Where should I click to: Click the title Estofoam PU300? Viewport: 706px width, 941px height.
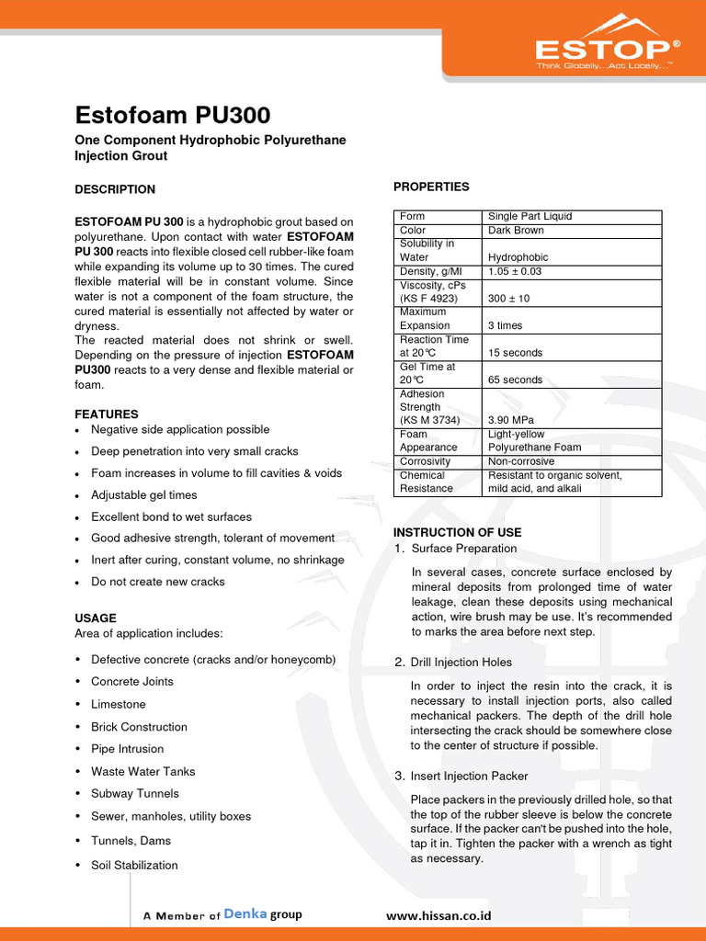click(172, 117)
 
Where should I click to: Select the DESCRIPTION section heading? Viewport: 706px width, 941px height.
click(115, 189)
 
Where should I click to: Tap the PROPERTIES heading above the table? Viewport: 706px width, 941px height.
click(431, 187)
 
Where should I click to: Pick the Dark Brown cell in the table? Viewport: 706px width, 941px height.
click(516, 230)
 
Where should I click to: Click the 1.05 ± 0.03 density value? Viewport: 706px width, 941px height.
click(515, 271)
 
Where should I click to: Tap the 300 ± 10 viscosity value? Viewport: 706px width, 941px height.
click(508, 299)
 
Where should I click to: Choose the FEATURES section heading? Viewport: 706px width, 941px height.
click(107, 414)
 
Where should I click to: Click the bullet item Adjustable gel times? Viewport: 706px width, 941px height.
click(143, 495)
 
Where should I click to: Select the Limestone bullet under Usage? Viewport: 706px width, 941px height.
click(119, 704)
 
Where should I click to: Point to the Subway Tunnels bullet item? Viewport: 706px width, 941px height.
click(135, 793)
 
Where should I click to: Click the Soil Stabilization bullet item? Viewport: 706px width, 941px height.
click(134, 865)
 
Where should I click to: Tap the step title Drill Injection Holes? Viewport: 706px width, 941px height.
click(461, 662)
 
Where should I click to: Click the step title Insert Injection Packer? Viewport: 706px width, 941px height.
click(469, 776)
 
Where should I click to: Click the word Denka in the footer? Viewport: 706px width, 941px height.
click(245, 914)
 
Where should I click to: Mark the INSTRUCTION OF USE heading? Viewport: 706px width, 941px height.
click(457, 532)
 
